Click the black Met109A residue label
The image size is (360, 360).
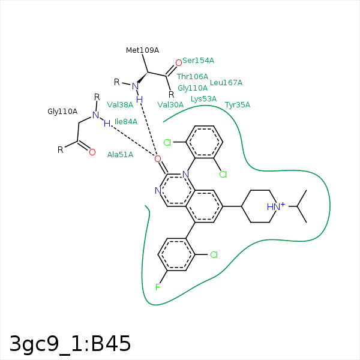coord(142,50)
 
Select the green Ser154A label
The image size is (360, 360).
coord(198,61)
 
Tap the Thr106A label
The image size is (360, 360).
coord(193,76)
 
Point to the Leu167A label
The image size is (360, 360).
coord(226,83)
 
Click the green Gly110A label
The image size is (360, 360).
coord(193,88)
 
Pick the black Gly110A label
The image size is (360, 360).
coord(62,112)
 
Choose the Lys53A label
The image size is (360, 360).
coord(203,99)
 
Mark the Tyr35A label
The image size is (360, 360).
coord(238,105)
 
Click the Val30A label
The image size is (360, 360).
coord(170,105)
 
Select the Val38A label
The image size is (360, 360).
coord(120,105)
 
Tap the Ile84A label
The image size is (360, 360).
coord(126,121)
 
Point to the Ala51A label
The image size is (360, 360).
coord(120,155)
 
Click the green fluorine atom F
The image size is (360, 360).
coord(157,287)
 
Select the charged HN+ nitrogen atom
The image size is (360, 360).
coord(276,206)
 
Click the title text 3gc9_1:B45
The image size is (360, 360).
coord(70,344)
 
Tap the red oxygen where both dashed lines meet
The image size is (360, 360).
coord(157,158)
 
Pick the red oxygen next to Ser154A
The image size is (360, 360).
coord(179,62)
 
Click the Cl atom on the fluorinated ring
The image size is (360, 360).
coord(214,254)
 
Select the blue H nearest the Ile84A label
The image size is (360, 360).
coord(107,124)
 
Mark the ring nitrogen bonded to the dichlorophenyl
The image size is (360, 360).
coord(185,175)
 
